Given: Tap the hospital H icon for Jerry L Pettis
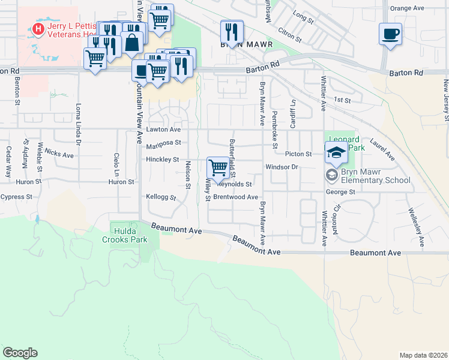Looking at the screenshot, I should click(x=38, y=28).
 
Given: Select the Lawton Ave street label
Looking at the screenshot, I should click(x=163, y=130).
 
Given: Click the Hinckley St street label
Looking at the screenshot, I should click(x=163, y=160).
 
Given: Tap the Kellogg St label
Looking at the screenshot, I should click(x=161, y=197).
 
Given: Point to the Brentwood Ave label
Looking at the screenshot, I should click(x=236, y=197).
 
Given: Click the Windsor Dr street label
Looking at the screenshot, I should click(x=282, y=166).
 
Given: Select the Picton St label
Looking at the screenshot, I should click(x=298, y=154).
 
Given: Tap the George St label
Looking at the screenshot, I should click(x=341, y=192).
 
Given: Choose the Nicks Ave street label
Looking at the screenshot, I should click(x=59, y=155).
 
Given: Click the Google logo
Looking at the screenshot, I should click(x=20, y=353).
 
